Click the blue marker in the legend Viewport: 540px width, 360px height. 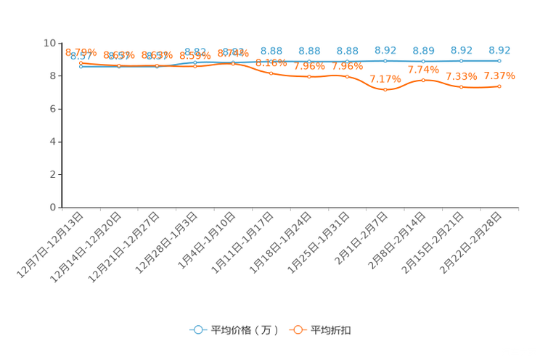pos(197,330)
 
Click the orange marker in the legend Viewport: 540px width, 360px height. pos(298,330)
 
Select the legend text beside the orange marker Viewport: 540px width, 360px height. pos(332,330)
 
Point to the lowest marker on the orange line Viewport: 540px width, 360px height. pos(385,89)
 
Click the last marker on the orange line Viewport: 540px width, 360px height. pos(499,86)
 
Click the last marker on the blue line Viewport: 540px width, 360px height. pos(499,61)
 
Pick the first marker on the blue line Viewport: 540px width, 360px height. pos(81,66)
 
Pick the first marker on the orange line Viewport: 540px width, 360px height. pos(81,63)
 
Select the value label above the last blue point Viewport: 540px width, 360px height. pos(499,50)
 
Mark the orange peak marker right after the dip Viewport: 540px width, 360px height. pos(423,80)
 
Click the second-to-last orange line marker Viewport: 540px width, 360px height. pos(461,86)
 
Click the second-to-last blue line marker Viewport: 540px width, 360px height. pos(461,61)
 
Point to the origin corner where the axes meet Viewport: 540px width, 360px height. pos(61,208)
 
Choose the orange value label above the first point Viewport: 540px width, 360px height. pos(81,52)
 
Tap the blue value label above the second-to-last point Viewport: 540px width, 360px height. pos(461,50)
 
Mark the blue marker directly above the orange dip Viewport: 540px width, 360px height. pos(385,61)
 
